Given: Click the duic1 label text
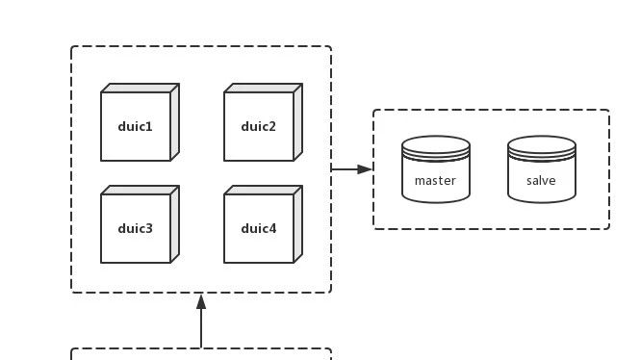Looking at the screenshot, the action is (x=135, y=126).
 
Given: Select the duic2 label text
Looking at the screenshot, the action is (x=258, y=126).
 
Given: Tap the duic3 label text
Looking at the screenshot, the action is (x=135, y=228).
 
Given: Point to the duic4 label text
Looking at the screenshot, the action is (x=258, y=228).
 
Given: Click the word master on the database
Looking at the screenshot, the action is (x=435, y=181).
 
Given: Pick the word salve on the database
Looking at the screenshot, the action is (x=541, y=181).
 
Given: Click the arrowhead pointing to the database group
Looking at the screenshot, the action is (x=365, y=169).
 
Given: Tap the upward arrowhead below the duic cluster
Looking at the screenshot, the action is (x=201, y=301).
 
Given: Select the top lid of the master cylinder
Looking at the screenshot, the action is (x=436, y=143).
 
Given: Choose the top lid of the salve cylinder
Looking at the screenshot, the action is (x=542, y=143).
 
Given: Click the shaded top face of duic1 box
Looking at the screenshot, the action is (x=140, y=89).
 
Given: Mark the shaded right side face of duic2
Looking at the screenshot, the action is (x=298, y=122).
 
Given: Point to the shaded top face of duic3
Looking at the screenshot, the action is (x=140, y=191).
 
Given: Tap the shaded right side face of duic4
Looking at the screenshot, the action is (x=298, y=224).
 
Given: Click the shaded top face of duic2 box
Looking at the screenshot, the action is (x=264, y=89).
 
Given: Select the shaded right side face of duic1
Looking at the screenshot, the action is (x=175, y=122).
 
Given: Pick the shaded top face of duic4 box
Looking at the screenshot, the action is (x=264, y=191).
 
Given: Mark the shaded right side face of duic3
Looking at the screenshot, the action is (x=175, y=224).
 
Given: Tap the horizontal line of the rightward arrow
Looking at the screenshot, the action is (x=345, y=169).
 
